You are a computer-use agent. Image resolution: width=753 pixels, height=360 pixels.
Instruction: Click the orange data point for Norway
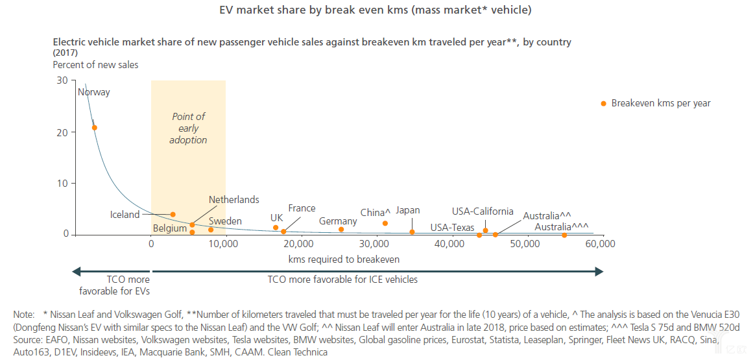point(95,128)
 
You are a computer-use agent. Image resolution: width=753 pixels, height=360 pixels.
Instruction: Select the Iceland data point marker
point(173,215)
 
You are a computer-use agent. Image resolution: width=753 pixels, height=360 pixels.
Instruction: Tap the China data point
point(385,223)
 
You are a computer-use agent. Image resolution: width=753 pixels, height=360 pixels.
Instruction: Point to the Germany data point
point(341,229)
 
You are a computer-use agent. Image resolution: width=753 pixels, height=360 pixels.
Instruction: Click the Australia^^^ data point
point(564,235)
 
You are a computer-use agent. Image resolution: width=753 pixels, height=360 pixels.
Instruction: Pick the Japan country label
point(407,210)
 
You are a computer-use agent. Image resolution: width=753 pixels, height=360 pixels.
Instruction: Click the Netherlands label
point(233,200)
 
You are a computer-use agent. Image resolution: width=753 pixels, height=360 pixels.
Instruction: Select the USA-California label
point(483,211)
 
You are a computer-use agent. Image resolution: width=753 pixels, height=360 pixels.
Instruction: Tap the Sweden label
point(225,221)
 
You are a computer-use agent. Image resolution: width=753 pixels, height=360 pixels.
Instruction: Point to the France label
point(302,208)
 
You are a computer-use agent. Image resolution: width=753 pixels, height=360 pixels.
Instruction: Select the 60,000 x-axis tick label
point(600,245)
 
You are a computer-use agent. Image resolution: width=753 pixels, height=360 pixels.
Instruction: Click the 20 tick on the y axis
point(62,132)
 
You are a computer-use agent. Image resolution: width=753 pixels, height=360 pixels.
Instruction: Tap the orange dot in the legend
point(604,103)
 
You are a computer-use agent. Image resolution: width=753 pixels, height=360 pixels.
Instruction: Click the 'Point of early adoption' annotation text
point(188,128)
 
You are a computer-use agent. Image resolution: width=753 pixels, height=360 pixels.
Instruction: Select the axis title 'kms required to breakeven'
point(344,259)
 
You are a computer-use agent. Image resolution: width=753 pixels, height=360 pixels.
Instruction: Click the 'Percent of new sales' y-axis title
point(95,65)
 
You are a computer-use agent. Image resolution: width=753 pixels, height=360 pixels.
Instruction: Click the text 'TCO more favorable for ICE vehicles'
point(342,280)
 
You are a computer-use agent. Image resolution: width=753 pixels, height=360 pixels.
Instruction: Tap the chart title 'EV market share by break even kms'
point(376,10)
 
